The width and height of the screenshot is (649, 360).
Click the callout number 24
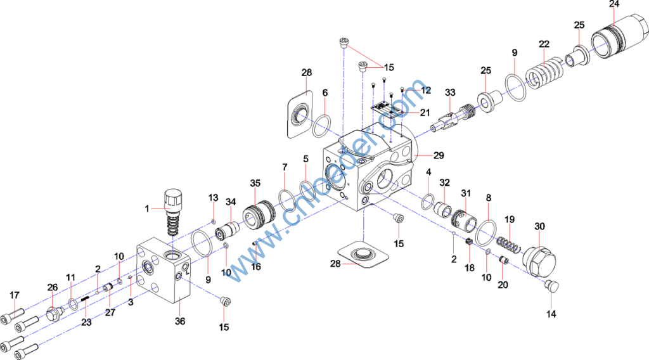click(614, 4)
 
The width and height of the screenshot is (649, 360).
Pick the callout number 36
click(180, 321)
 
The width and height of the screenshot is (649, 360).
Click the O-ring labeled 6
click(322, 125)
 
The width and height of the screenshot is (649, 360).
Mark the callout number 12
click(426, 90)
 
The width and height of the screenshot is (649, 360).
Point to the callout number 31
click(466, 193)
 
